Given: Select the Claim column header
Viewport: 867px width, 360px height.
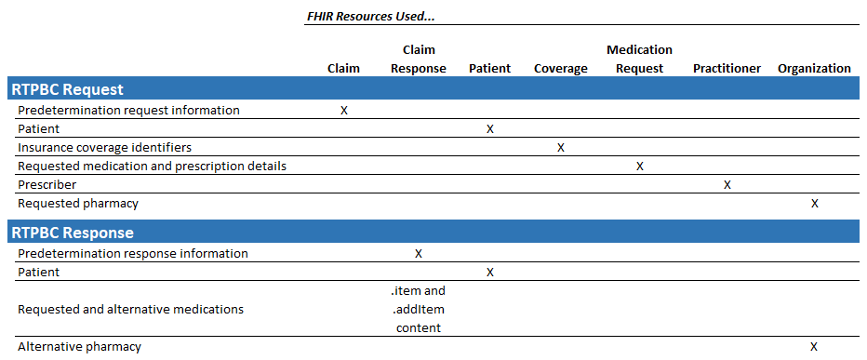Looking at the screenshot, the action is point(343,68).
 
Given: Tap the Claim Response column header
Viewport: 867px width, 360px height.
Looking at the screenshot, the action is point(418,59).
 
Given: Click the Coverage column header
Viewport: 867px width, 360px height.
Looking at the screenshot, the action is point(561,68).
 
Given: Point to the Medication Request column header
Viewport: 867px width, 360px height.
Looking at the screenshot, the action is point(639,59).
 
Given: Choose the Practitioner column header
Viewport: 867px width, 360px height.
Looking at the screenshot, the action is point(727,68).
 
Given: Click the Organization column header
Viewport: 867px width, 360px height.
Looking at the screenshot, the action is point(814,68).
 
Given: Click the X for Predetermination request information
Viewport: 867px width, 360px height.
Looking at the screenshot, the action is point(344,110).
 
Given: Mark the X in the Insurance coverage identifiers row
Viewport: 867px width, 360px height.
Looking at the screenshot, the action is point(561,147).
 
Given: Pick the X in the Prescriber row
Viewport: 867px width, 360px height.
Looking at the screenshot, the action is point(727,184).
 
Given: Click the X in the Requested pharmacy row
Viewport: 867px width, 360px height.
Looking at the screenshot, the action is point(815,203).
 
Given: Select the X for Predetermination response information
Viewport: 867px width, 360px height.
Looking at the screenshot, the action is point(419,253).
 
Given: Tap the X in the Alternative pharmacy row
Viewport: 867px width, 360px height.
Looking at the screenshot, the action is point(814,346).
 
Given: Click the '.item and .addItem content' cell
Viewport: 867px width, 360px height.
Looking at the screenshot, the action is point(418,309).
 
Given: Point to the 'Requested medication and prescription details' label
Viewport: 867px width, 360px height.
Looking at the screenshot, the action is point(152,166).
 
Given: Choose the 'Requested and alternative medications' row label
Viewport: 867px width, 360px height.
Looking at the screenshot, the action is point(130,309).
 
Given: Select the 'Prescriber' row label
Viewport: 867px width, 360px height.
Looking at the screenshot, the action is point(47,184).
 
